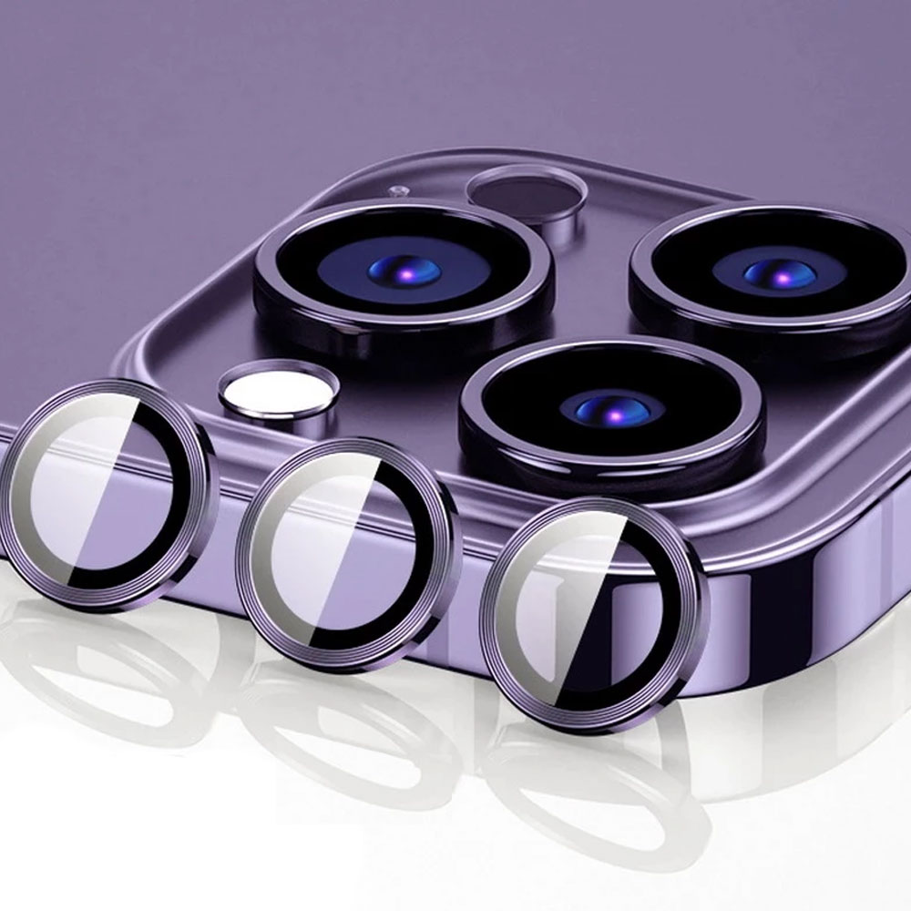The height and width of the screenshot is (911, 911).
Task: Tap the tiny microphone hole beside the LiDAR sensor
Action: (x=397, y=192)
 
